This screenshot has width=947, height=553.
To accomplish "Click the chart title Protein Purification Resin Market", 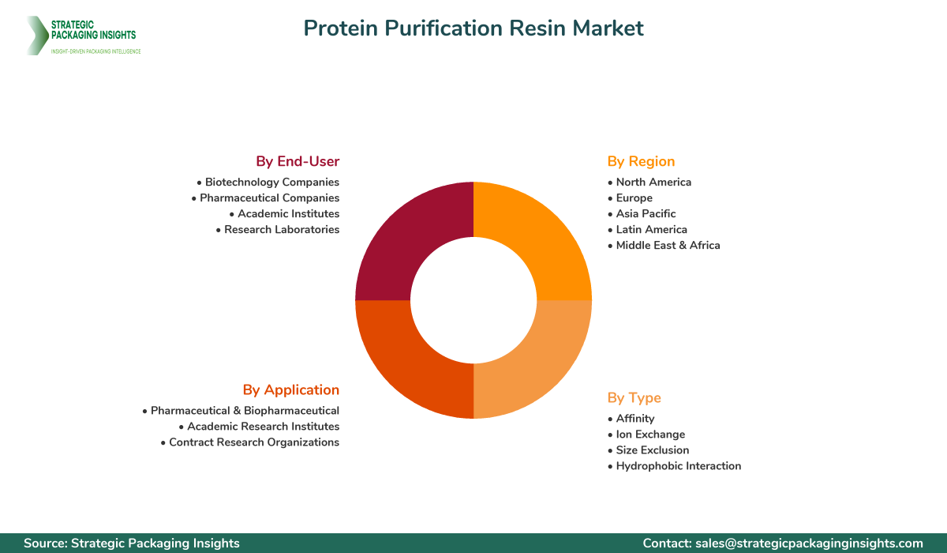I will [473, 28].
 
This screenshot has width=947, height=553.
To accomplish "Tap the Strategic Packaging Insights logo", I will [82, 36].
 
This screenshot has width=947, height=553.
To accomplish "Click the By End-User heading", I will [298, 161].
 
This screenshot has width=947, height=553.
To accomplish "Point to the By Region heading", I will [641, 161].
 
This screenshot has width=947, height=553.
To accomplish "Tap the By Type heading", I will [634, 397].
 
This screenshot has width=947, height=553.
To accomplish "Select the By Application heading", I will [291, 389].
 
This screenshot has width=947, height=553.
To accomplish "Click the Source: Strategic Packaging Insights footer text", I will [131, 544].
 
